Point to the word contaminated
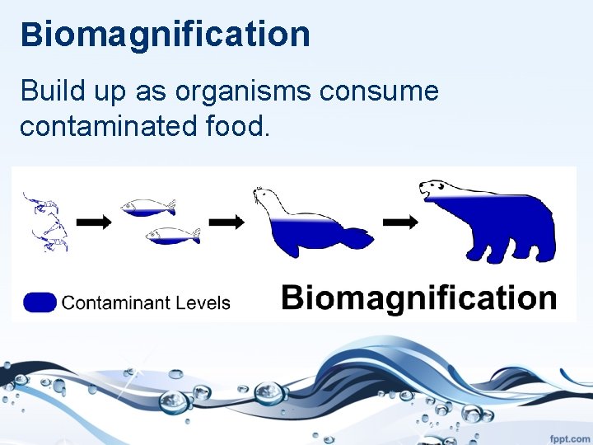(x=100, y=127)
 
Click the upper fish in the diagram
(x=148, y=206)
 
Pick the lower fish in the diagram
(x=173, y=236)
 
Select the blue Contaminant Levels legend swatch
(x=40, y=302)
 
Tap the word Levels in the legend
(x=203, y=302)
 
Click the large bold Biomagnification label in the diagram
(x=418, y=297)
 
